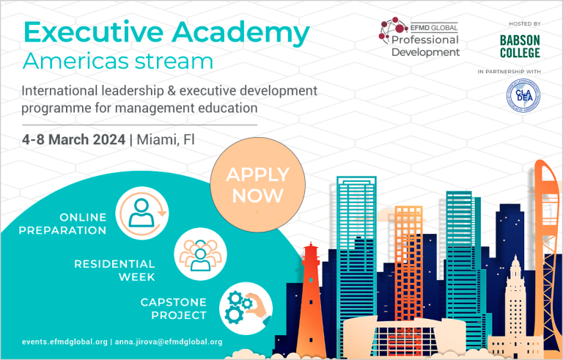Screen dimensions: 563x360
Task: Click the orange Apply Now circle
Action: (257, 185)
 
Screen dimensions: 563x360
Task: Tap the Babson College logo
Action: (520, 47)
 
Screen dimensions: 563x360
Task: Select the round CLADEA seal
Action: (523, 95)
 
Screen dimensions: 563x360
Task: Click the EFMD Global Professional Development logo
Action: (419, 37)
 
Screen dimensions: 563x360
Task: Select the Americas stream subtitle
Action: (118, 61)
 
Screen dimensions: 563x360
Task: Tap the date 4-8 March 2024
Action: (73, 139)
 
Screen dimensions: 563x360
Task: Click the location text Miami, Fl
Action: (166, 140)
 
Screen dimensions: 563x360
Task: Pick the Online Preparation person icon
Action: (141, 213)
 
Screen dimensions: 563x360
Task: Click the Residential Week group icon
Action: (200, 254)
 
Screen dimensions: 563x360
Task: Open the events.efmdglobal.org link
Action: (65, 342)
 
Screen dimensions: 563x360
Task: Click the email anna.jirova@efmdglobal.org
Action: (169, 342)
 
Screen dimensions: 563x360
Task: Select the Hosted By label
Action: (525, 23)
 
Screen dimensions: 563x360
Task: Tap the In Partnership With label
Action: (509, 72)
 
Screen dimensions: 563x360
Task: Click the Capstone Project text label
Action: (174, 309)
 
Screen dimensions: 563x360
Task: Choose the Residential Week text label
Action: (114, 271)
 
